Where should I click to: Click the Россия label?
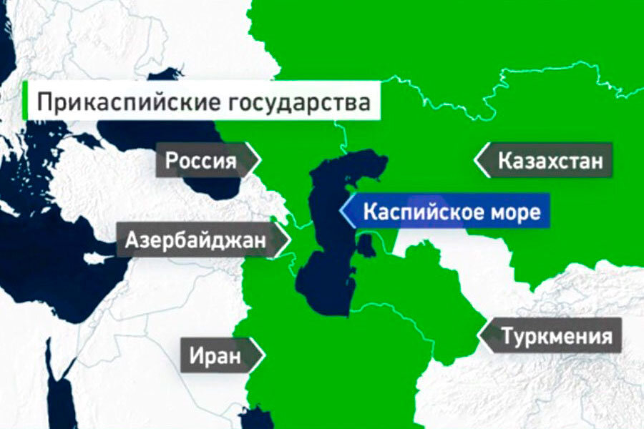pos(201,160)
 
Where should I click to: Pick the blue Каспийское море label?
pos(451,212)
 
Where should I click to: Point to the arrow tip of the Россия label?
pos(259,160)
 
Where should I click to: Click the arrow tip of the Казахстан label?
pos(476,160)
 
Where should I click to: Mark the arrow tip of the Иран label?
pos(265,354)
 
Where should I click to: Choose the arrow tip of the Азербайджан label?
pos(290,241)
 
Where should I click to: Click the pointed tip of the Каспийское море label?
pos(341,212)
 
